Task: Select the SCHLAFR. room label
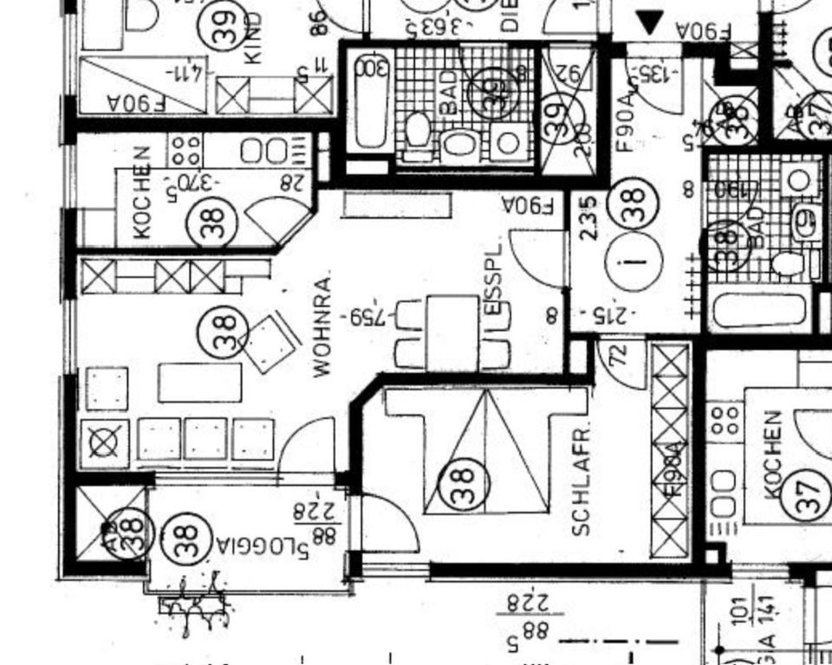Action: pos(582,480)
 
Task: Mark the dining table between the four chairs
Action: pos(452,332)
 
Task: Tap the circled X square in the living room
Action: pos(103,442)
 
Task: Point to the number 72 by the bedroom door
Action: pos(619,354)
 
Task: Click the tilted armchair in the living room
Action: pos(272,343)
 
